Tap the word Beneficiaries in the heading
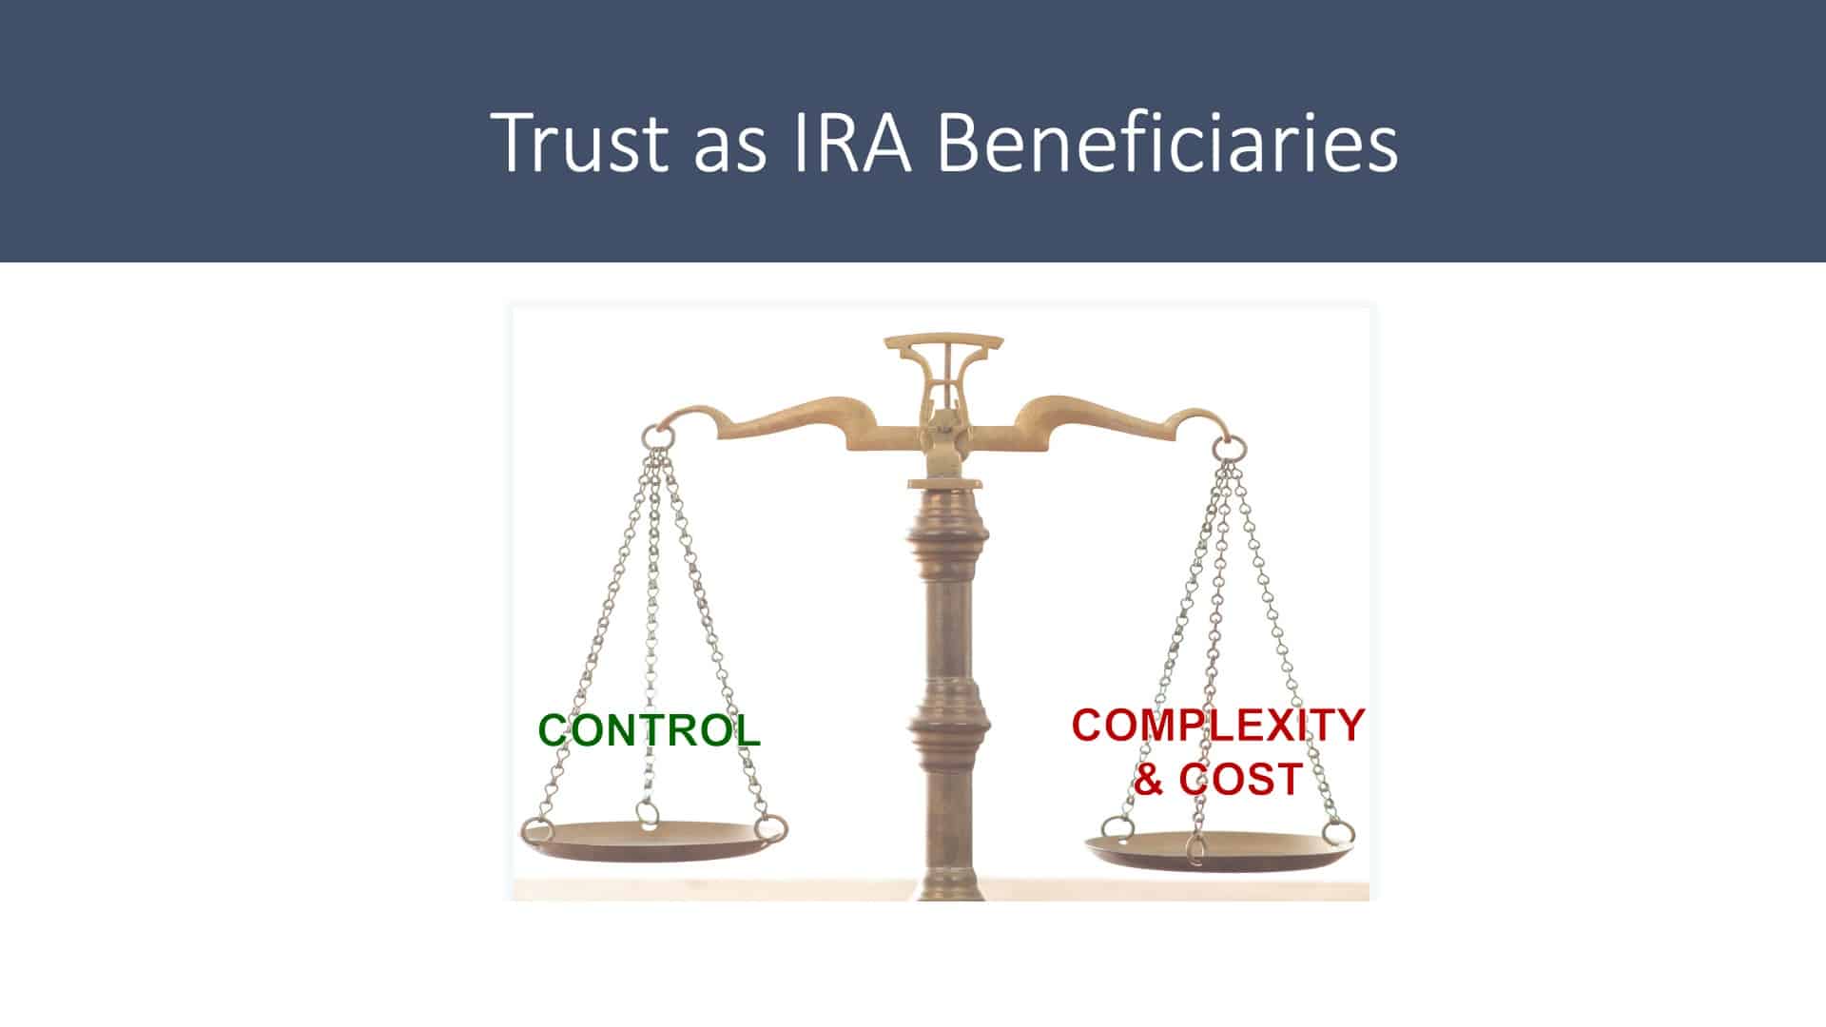coord(1169,141)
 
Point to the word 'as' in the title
coord(729,150)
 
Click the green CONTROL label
coord(650,730)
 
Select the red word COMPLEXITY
coord(1218,725)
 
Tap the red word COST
coord(1240,779)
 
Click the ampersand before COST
coord(1149,779)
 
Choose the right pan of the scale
coord(1220,851)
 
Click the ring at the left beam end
coord(657,436)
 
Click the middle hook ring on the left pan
coord(649,814)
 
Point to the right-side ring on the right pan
coord(1339,833)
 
